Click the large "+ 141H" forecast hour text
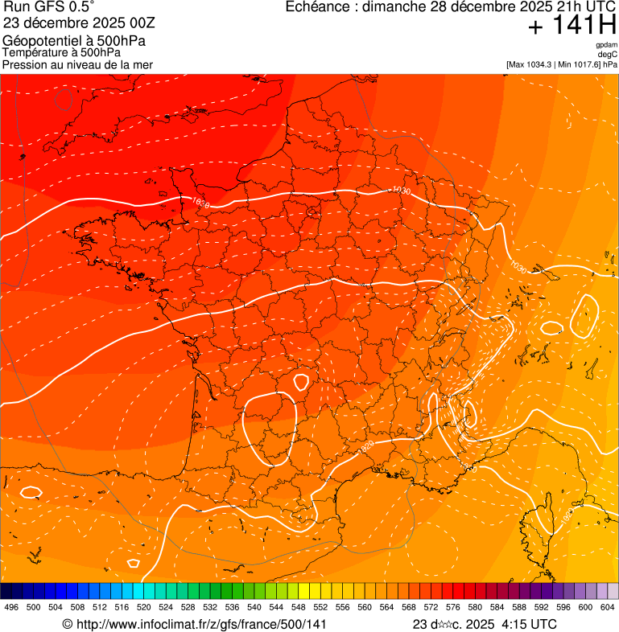click(x=572, y=26)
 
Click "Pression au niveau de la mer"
click(x=77, y=64)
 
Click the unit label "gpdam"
click(x=606, y=45)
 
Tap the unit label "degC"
click(x=608, y=54)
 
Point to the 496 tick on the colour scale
click(x=11, y=607)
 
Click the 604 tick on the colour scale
click(x=608, y=607)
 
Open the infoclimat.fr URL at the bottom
click(x=200, y=624)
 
